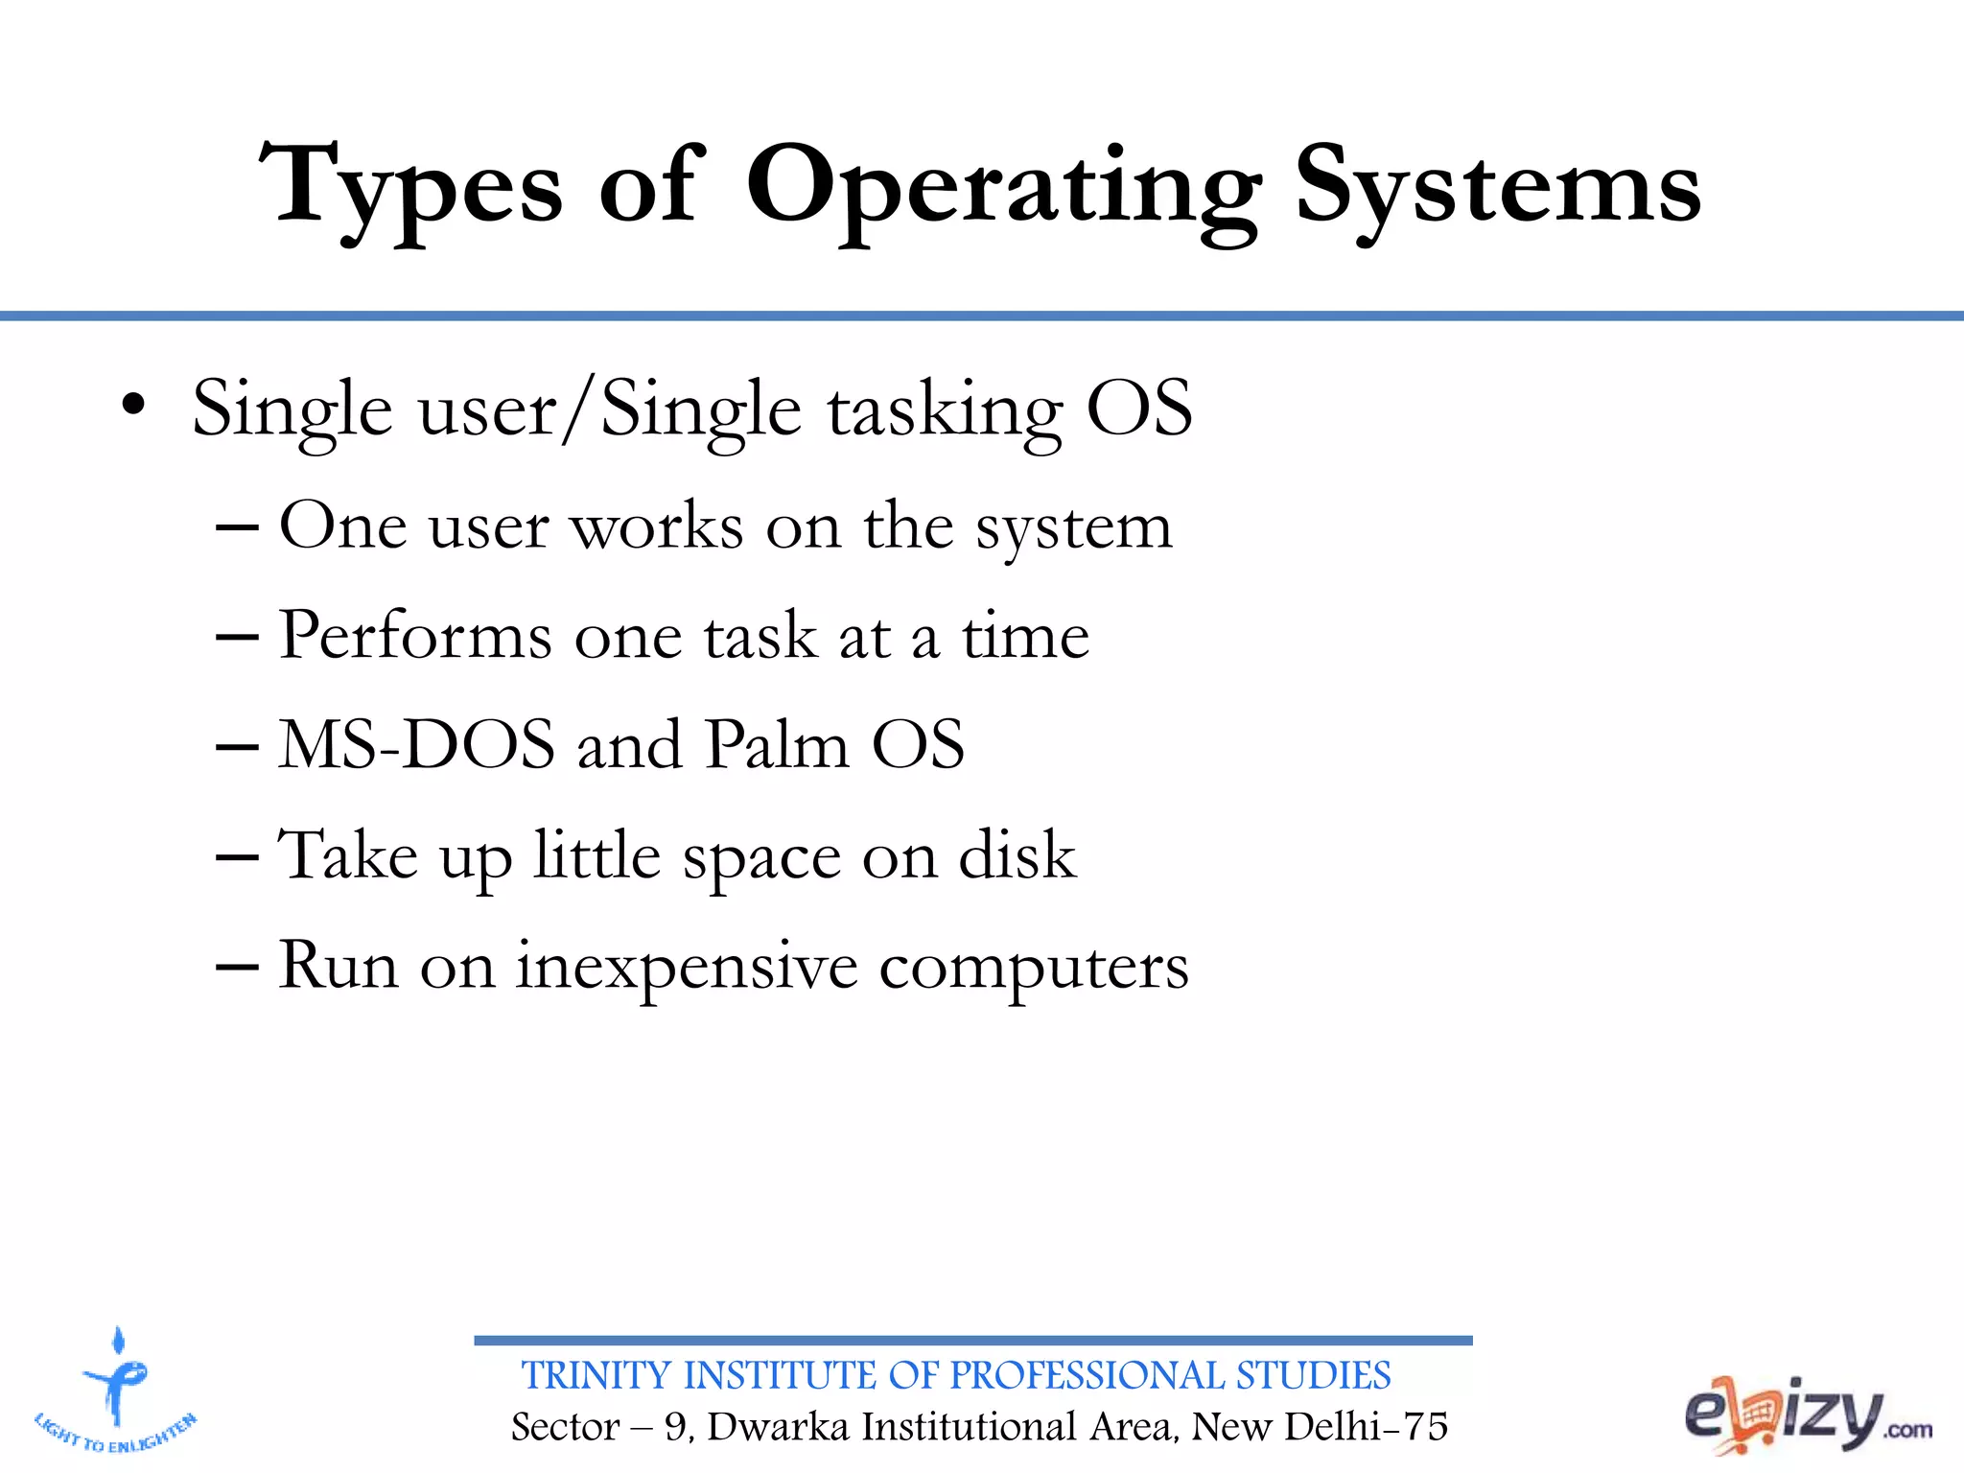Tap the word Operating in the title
point(1003,187)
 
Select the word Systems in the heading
point(1498,187)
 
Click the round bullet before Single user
point(133,407)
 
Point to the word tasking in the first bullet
point(946,410)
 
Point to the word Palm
point(777,745)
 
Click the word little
point(596,855)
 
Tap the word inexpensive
point(687,966)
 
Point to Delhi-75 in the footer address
point(1366,1427)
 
